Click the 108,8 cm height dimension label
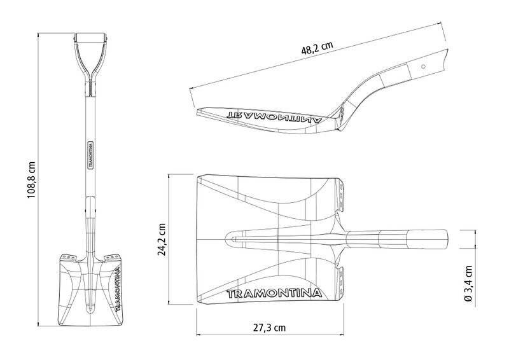click(31, 180)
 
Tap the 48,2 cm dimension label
click(317, 48)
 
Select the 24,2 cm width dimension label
click(162, 239)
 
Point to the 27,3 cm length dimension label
click(269, 328)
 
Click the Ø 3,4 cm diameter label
click(468, 284)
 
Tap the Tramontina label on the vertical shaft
click(90, 155)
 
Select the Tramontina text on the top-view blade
click(274, 293)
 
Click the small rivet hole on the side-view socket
click(423, 67)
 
